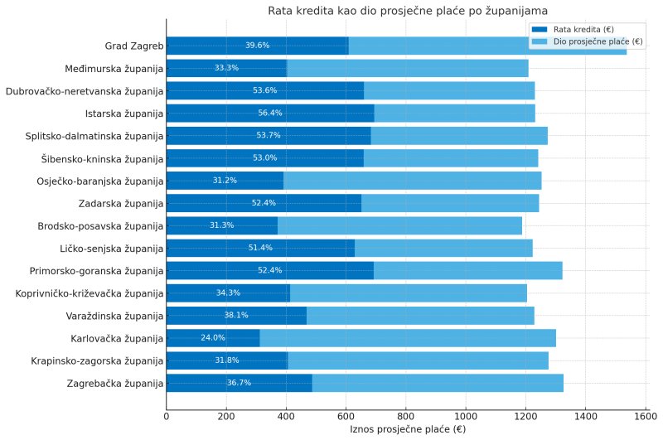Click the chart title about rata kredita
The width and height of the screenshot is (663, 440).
tap(408, 11)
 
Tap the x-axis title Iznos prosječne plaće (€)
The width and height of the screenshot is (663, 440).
tap(408, 429)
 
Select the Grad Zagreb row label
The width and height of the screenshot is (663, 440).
tap(133, 46)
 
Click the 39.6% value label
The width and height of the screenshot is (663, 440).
tap(257, 46)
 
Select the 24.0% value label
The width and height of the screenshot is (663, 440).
tap(213, 338)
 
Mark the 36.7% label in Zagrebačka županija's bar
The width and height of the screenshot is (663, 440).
tap(239, 383)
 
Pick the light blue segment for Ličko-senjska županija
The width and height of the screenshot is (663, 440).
tap(443, 248)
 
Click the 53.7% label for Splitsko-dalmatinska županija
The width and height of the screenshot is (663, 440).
tap(269, 136)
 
